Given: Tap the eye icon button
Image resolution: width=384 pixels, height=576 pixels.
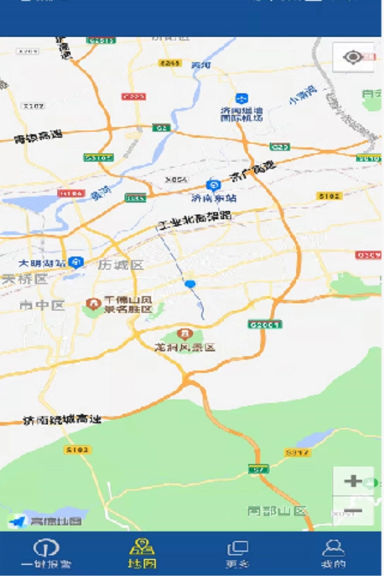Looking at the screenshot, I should coord(353,58).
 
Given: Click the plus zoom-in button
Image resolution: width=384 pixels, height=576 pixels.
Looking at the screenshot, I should coord(353,482).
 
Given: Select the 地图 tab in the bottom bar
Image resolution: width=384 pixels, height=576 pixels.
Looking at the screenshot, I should coord(142,554).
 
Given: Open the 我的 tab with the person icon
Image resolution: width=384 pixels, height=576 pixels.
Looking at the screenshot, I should coord(333,554).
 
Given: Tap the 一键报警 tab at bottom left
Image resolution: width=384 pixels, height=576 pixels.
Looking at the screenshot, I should coord(46,554).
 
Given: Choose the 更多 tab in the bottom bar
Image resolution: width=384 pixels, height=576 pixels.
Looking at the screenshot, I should coord(237,554).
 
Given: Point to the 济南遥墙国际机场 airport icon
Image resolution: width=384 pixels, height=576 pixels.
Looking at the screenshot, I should coord(241,99).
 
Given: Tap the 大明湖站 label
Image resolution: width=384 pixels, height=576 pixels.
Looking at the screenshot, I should coord(42,263).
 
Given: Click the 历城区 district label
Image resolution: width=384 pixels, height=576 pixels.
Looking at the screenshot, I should coord(121,265).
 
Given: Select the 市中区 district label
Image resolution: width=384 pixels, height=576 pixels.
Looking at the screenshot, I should coord(42,306).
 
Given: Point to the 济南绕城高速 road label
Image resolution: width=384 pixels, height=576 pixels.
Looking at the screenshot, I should coord(62,419).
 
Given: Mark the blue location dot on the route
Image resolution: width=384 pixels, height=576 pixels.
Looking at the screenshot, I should coord(190,284).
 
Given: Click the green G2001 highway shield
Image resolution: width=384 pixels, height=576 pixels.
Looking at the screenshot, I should coord(265,324).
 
